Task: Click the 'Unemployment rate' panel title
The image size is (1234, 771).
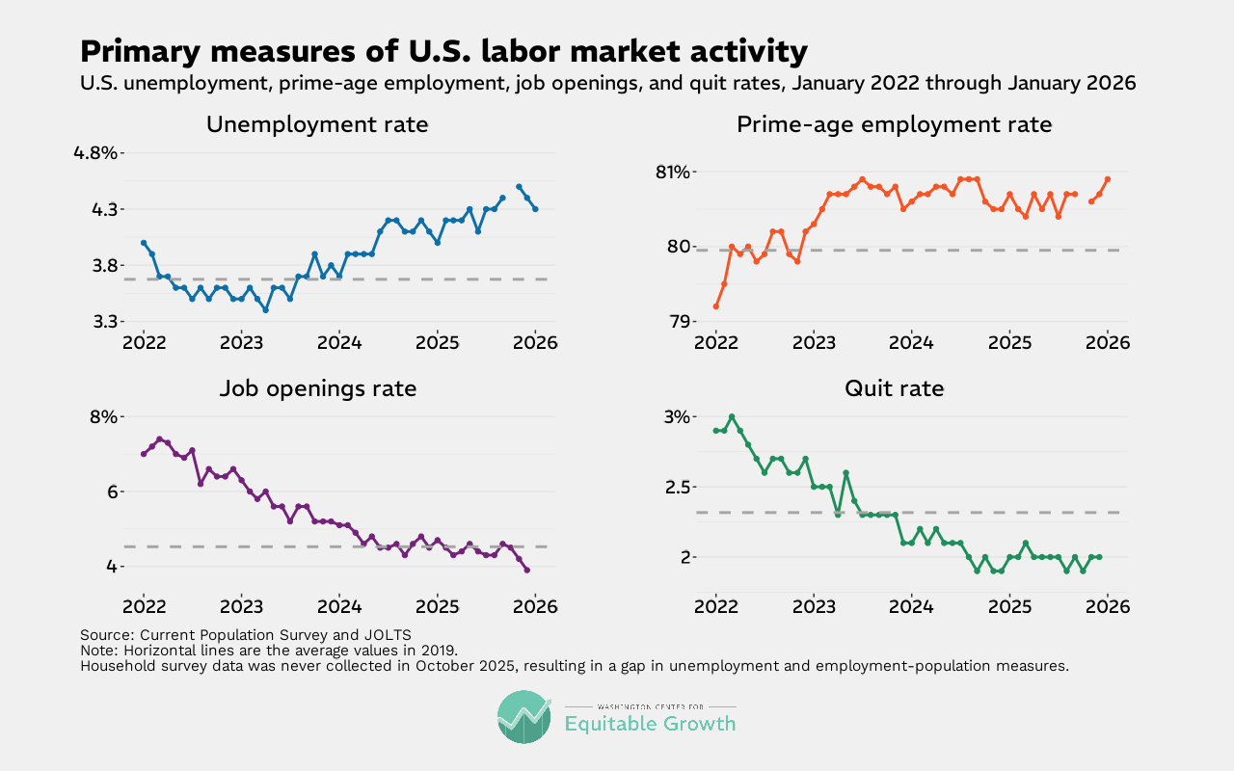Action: (317, 124)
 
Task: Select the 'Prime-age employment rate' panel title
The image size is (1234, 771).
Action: (894, 124)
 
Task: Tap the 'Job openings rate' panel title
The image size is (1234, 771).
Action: (317, 388)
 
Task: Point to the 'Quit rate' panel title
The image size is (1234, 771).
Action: (894, 388)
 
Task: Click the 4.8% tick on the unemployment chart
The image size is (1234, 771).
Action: (95, 152)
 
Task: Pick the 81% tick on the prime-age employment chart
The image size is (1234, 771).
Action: (674, 172)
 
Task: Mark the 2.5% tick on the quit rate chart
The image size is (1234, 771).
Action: (669, 487)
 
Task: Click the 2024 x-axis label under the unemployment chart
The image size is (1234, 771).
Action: (338, 342)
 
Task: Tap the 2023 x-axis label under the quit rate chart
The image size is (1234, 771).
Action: (814, 606)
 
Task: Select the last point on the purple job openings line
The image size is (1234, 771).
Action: (526, 570)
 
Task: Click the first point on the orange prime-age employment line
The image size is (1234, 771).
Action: (715, 306)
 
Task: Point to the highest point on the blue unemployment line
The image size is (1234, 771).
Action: (519, 187)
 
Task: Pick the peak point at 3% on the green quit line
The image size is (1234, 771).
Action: (732, 416)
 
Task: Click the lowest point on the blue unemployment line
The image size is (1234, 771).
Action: (265, 310)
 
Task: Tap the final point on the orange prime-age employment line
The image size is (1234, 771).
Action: (1108, 179)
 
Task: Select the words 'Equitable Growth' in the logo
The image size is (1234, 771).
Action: (650, 724)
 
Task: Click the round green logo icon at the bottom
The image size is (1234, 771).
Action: (524, 717)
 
